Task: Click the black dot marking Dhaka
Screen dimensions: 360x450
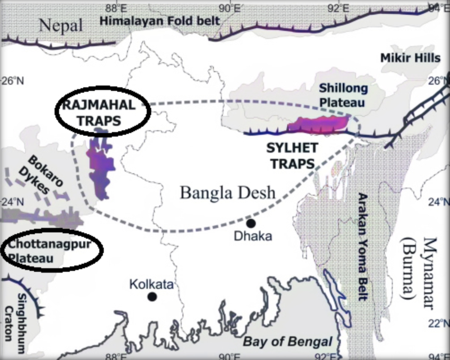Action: click(x=250, y=223)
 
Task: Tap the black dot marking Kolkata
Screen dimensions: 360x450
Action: click(x=152, y=296)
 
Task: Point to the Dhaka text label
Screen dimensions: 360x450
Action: click(x=253, y=236)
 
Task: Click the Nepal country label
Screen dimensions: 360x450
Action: click(x=61, y=25)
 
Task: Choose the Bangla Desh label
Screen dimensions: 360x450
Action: click(x=228, y=193)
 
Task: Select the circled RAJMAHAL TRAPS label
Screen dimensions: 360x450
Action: click(x=98, y=112)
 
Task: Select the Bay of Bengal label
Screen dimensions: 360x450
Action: click(x=288, y=342)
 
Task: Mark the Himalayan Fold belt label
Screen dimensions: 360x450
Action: click(x=160, y=21)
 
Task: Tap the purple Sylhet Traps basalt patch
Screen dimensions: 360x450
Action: click(x=318, y=124)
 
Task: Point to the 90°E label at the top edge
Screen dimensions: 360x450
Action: click(x=230, y=8)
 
